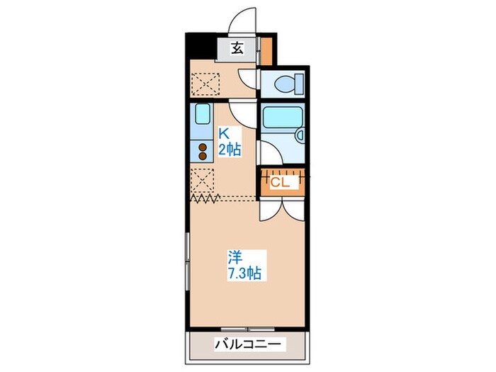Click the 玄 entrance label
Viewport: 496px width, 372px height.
(x=236, y=49)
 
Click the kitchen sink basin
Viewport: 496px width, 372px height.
(x=202, y=115)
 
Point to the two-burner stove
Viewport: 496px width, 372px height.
(x=203, y=152)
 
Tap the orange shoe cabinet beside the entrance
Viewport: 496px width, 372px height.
(x=267, y=50)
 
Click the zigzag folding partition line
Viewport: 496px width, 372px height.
(x=205, y=199)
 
